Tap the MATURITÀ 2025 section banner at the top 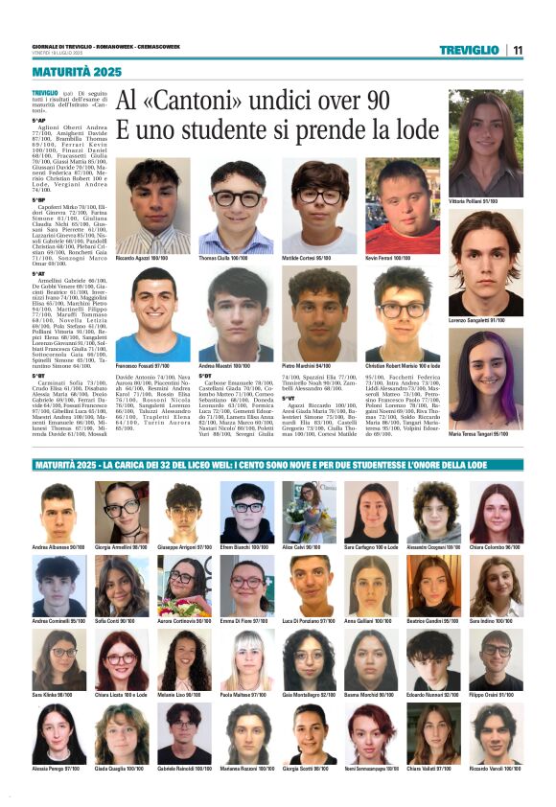77,72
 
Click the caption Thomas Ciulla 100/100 223,259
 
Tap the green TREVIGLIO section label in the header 470,50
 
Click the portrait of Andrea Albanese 59,512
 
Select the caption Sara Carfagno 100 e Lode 371,547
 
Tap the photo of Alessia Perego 59,733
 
